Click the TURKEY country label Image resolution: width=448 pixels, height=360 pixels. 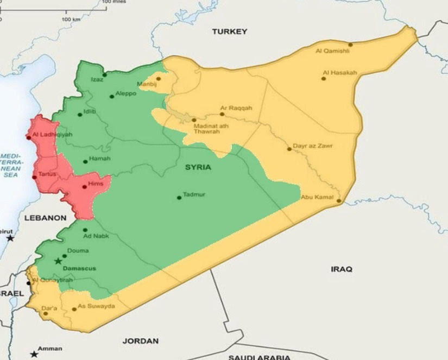pos(229,31)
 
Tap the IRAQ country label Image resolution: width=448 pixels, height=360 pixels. pos(342,269)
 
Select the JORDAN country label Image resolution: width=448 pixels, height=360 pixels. pos(141,341)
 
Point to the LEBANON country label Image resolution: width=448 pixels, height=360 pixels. pos(46,218)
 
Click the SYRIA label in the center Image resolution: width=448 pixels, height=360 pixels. pos(198,167)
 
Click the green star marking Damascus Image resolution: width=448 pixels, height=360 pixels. pos(58,261)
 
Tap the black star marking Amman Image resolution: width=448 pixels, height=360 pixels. pos(34,354)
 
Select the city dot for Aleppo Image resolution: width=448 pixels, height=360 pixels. pos(112,97)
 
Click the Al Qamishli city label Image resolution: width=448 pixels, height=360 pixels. pos(329,52)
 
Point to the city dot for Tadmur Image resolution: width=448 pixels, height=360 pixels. pos(179,198)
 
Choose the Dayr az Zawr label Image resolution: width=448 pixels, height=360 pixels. pos(313,146)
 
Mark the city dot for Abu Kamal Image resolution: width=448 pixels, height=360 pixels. pos(339,201)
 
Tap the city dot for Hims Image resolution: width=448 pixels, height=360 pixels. pos(84,187)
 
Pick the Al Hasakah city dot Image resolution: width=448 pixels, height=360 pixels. pos(324,79)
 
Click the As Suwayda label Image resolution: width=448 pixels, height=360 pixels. pos(96,306)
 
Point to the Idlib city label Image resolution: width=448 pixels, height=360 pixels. pos(90,112)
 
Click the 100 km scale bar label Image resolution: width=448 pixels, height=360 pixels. pos(71,20)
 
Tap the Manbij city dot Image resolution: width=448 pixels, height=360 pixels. pos(159,78)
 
